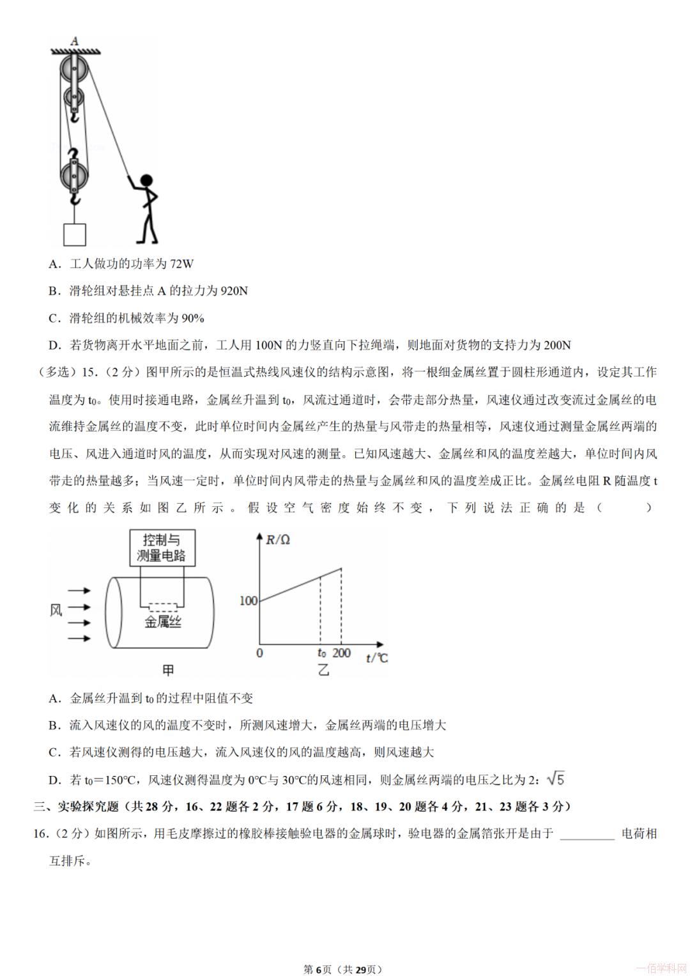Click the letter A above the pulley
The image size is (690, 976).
(x=74, y=42)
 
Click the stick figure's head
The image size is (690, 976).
(x=146, y=182)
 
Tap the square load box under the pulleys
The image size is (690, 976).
(x=75, y=235)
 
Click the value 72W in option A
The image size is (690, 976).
(x=181, y=263)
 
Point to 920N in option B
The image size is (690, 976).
(x=234, y=291)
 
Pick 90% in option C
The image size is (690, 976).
(x=192, y=318)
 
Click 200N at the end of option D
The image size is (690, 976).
(x=557, y=345)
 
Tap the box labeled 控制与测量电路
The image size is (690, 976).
(x=162, y=548)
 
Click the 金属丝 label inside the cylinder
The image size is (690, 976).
(x=163, y=621)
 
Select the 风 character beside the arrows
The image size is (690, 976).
(x=56, y=610)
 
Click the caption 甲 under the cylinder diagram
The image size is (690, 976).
(x=168, y=670)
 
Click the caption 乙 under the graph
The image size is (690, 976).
(x=323, y=670)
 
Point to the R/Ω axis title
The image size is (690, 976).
(x=278, y=540)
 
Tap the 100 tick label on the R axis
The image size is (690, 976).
(x=248, y=601)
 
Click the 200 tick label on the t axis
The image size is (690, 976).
(x=342, y=653)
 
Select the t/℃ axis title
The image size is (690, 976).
(x=377, y=658)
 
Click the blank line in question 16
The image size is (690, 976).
(x=586, y=834)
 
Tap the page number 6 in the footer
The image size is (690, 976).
(x=317, y=969)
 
